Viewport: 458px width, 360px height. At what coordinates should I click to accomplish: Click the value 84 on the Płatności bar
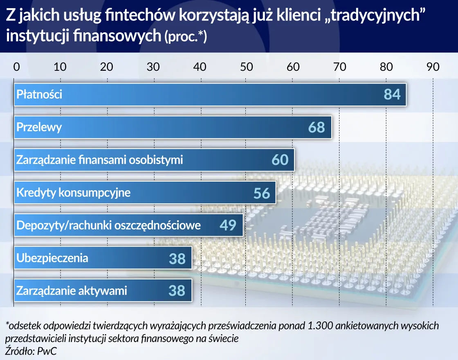tap(392, 94)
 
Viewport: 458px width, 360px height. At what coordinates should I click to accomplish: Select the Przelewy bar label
tap(39, 127)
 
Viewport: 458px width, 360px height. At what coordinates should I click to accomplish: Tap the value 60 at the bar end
tap(280, 160)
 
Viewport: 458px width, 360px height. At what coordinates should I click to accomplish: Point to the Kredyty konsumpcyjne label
tap(73, 192)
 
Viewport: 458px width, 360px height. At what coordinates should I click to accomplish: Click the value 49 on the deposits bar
tap(228, 225)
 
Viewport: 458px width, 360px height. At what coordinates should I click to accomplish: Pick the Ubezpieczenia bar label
tap(52, 258)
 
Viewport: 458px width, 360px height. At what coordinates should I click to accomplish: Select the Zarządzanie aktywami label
tap(72, 291)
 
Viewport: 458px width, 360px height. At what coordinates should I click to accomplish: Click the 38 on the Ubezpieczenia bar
tap(177, 259)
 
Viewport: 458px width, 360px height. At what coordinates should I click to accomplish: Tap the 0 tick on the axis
tap(16, 67)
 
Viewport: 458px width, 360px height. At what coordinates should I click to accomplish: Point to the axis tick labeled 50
tap(247, 67)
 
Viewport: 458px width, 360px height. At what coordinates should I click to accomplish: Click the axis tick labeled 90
tap(433, 67)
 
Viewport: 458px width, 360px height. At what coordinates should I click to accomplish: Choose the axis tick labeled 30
tap(153, 67)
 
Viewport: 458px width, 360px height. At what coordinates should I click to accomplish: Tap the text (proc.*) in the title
tap(186, 37)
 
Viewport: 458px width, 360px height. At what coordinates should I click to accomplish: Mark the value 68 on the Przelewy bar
tap(317, 127)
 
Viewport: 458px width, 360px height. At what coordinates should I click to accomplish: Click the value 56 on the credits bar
tap(262, 193)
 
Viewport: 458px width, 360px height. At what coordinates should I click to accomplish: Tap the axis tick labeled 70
tap(339, 67)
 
